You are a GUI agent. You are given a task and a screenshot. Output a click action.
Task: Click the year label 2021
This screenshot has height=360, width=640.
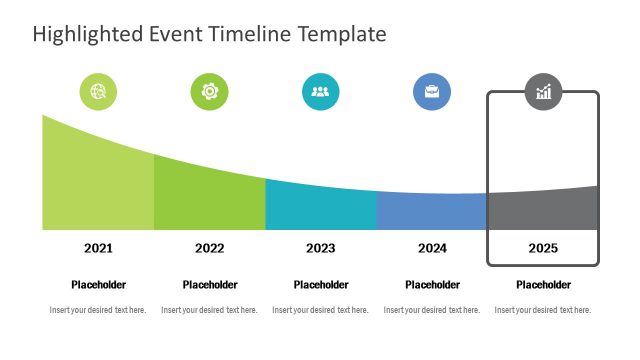click(x=98, y=248)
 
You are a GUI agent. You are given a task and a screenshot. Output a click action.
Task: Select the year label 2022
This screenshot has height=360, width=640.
click(x=209, y=248)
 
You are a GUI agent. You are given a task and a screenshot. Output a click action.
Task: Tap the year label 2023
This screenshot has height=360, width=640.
click(x=320, y=248)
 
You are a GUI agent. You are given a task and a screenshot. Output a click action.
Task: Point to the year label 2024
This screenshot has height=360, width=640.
click(x=432, y=248)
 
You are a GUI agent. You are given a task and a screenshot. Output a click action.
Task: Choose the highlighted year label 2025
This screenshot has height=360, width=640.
click(x=543, y=248)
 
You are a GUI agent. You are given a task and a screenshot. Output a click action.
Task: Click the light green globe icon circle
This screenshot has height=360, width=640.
click(x=98, y=92)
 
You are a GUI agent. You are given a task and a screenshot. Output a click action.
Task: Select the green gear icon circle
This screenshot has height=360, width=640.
click(x=209, y=92)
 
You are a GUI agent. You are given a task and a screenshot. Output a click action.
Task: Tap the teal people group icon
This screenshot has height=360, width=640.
click(x=320, y=92)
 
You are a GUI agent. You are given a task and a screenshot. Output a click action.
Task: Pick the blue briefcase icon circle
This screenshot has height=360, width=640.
click(x=432, y=92)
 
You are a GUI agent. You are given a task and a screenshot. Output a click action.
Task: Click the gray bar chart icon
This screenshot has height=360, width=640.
click(x=543, y=92)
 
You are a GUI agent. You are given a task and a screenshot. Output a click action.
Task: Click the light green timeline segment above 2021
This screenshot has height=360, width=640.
click(x=98, y=185)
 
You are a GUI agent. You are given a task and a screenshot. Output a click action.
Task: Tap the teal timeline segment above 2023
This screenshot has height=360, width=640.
click(x=320, y=208)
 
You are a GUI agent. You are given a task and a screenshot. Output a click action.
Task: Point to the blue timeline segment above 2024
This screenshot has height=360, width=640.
click(x=432, y=212)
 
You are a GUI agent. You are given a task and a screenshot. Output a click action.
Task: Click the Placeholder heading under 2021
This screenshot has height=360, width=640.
click(x=98, y=285)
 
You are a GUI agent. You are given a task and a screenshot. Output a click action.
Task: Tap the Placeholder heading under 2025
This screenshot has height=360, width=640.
click(x=543, y=285)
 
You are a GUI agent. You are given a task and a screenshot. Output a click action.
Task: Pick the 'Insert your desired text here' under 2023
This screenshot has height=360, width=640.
click(x=320, y=310)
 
